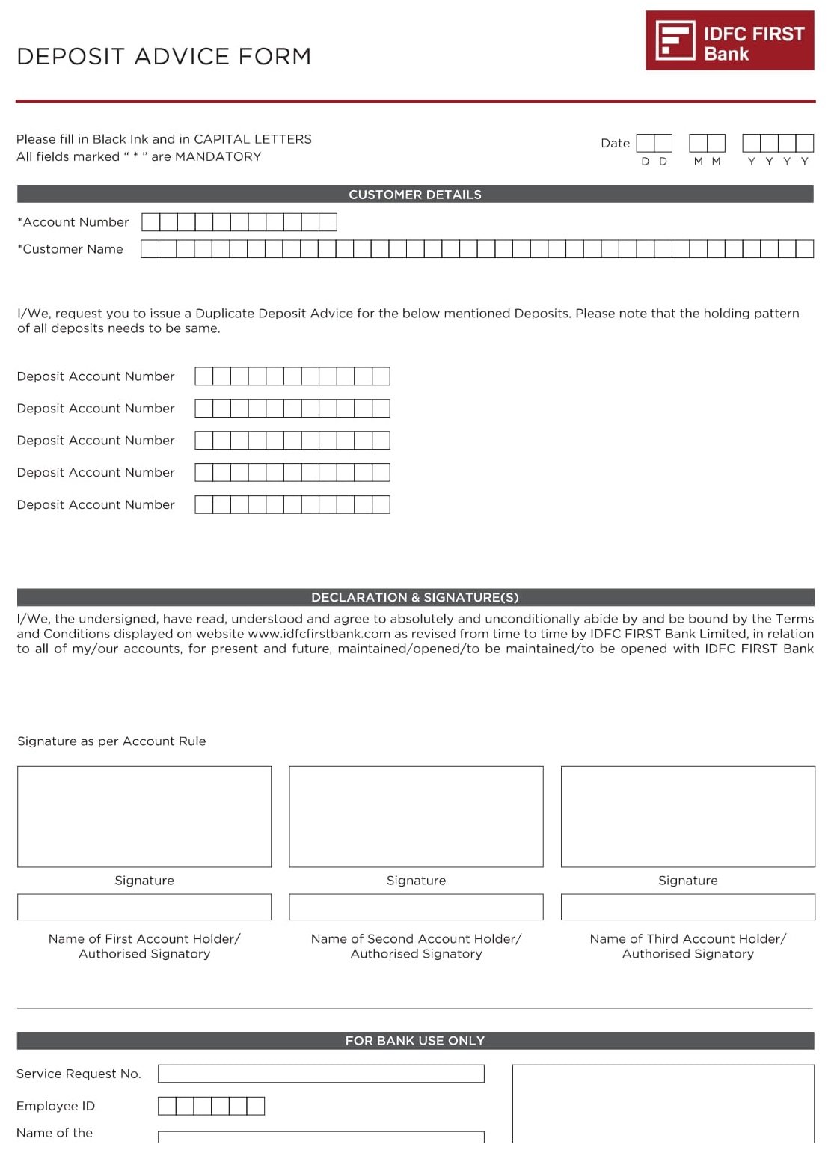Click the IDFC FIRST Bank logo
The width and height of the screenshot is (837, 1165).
[729, 41]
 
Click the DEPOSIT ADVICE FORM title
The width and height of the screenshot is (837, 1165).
[164, 57]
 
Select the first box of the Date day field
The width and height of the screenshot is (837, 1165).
[646, 143]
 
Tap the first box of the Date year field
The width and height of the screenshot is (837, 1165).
[751, 143]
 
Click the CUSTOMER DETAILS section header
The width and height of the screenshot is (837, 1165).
[415, 195]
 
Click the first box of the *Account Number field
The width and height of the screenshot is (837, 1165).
[150, 222]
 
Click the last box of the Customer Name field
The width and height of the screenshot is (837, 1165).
[805, 249]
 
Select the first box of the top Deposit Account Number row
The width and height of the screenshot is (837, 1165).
[204, 376]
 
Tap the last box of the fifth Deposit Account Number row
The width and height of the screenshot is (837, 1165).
[381, 505]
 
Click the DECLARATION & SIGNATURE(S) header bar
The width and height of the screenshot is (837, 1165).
[415, 597]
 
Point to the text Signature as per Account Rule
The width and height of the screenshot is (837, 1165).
[111, 741]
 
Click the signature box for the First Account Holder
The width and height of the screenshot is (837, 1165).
[144, 816]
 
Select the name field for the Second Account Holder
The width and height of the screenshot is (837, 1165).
[416, 907]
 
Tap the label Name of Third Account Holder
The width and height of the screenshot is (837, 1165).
[687, 939]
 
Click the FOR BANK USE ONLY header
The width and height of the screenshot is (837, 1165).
[415, 1041]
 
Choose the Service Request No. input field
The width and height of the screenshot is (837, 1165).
[321, 1074]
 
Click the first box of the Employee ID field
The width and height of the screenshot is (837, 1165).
[167, 1106]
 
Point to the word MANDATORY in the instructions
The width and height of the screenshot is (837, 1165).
[218, 157]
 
